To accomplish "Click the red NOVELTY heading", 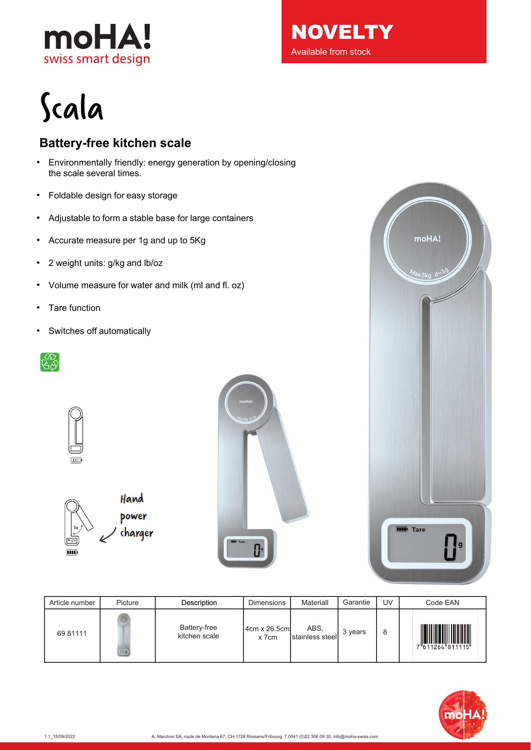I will coord(341,32).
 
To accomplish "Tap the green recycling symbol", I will coord(50,362).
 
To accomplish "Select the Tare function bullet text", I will coord(74,308).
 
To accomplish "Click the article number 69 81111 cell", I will coord(72,633).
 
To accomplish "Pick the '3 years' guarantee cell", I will coord(354,632).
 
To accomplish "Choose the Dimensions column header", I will coord(267,602).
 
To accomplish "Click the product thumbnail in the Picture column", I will coord(124,635).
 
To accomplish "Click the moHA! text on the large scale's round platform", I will coord(427,239).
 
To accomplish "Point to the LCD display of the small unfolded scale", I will coord(247,549).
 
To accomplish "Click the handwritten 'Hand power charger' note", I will coord(136,516).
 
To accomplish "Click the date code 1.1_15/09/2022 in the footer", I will coord(59,736).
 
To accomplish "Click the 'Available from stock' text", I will coord(331,52).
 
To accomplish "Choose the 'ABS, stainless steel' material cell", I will coord(314,632).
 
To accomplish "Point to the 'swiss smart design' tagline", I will coord(97,59).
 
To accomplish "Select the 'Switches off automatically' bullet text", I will coord(100,331).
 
